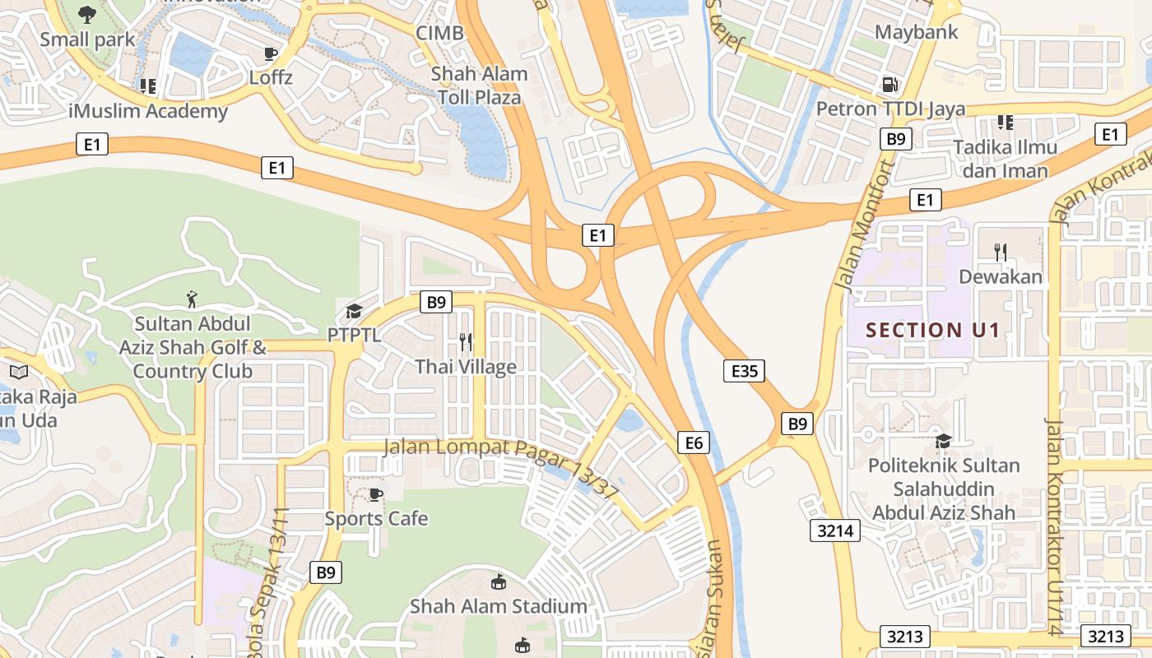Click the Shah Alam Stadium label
499,607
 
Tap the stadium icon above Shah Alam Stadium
499,583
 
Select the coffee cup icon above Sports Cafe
375,494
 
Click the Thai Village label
466,367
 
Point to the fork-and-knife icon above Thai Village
466,341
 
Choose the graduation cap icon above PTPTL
354,311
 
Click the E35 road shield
744,371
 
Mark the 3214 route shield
835,531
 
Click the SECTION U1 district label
932,331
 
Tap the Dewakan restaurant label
1001,277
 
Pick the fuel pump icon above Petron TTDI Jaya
889,84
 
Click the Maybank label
917,32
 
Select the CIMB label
439,33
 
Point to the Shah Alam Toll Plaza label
480,86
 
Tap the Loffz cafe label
271,78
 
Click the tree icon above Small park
86,14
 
